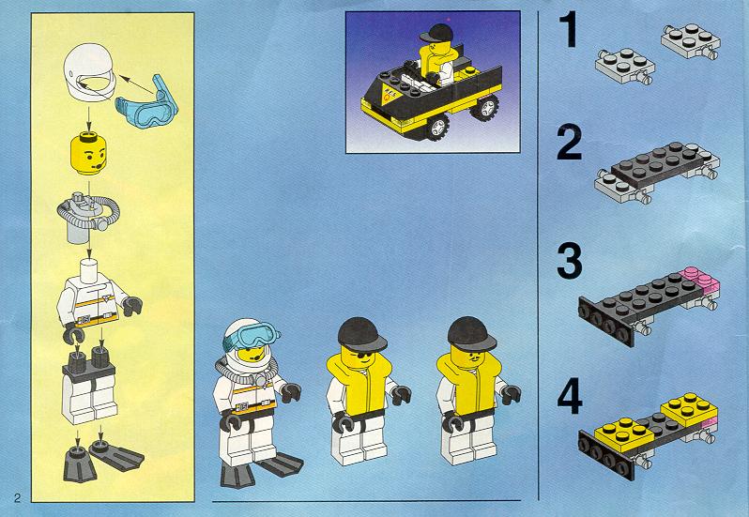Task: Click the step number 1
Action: (x=569, y=30)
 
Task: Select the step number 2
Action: (x=570, y=143)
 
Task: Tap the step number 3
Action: (x=570, y=261)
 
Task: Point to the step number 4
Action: (x=570, y=396)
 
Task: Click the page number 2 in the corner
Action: (x=17, y=498)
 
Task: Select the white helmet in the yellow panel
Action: (x=89, y=71)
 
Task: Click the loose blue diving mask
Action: (x=147, y=102)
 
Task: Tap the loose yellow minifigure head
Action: (x=88, y=154)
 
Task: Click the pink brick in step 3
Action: (x=701, y=280)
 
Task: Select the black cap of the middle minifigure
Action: (x=361, y=334)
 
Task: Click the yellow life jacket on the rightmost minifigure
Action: (x=468, y=384)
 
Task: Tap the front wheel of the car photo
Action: (x=437, y=128)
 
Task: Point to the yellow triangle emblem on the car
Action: (x=390, y=93)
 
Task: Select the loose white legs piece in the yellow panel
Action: (x=89, y=386)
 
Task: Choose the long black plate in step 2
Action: (x=659, y=164)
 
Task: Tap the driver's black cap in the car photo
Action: (x=436, y=33)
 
